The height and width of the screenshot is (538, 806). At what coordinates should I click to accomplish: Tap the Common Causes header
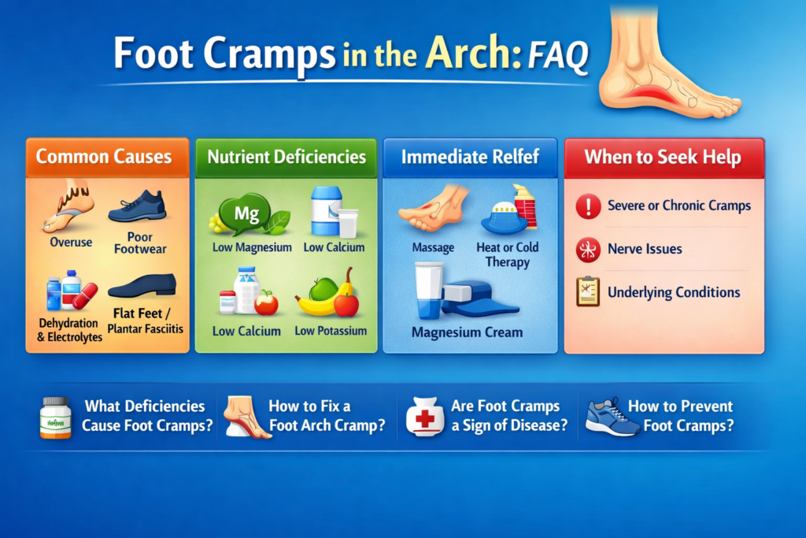pos(103,156)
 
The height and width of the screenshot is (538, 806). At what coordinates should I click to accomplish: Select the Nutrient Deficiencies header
pos(287,156)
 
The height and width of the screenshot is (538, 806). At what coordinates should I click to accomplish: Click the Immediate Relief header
pos(470,156)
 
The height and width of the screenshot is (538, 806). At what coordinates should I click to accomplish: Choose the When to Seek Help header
pos(662,157)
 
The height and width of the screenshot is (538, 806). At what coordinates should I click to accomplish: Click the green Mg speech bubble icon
pos(246,214)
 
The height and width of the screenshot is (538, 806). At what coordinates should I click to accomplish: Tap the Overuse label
pos(71,243)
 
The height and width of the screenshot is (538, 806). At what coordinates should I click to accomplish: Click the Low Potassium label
pos(331,331)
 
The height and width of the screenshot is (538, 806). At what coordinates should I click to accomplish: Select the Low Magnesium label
pos(252,247)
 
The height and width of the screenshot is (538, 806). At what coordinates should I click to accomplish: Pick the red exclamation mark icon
pos(588,206)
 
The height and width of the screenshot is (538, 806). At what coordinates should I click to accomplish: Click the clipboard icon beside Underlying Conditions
pos(588,291)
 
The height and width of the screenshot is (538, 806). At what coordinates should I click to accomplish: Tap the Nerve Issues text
pos(645,249)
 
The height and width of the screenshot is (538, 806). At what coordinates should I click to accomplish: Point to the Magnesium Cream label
pos(467,332)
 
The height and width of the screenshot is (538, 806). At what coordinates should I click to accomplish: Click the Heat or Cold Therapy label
pos(508,254)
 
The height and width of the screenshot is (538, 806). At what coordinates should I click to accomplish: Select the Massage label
pos(433,247)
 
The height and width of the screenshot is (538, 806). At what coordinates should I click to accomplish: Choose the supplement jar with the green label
pos(55,417)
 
